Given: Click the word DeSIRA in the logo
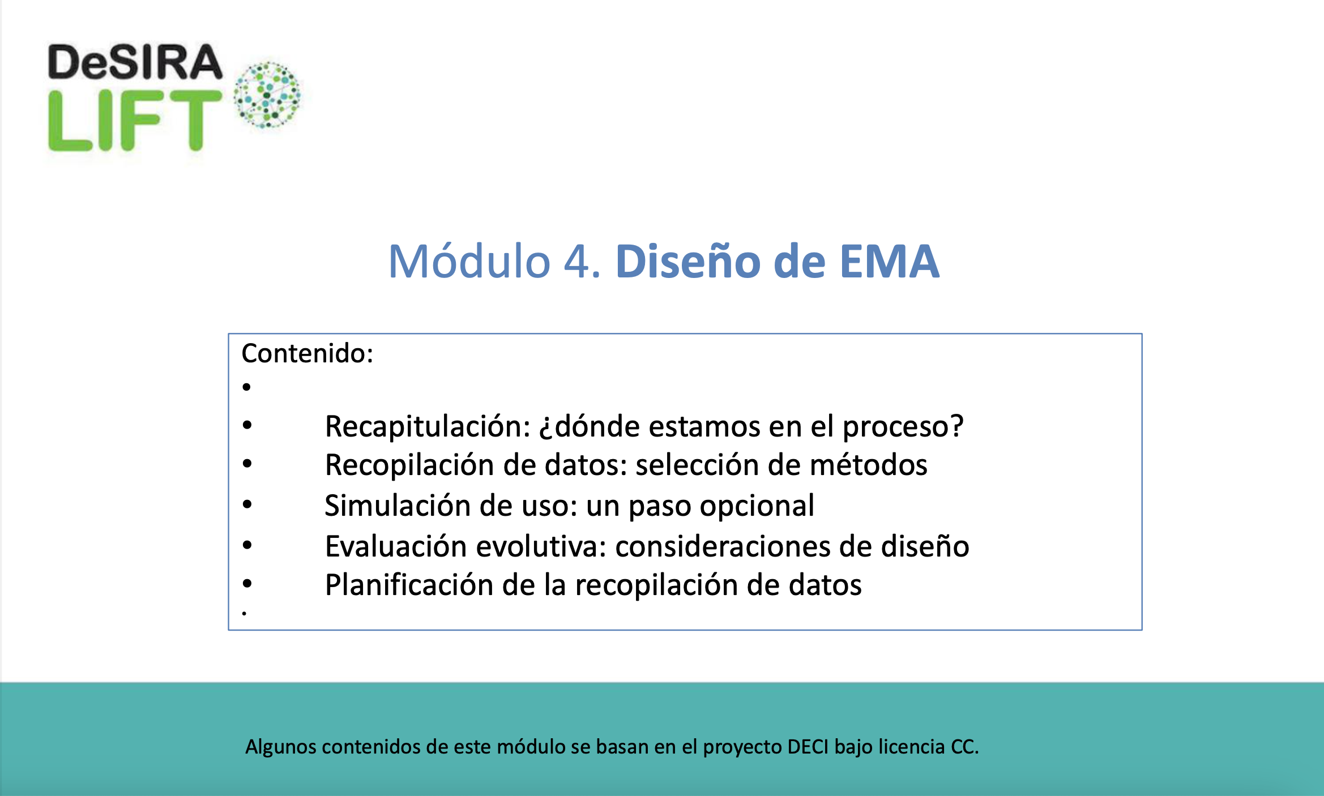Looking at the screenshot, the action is click(x=135, y=62).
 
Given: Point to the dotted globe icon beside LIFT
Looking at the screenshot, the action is click(x=267, y=95).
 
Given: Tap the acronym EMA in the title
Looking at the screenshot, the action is click(x=889, y=262).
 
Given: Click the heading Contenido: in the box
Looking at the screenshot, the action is click(x=307, y=353).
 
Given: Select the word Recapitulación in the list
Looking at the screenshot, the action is click(x=428, y=426).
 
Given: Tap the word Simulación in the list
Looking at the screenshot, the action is click(x=398, y=506).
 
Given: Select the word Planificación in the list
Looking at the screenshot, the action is click(x=409, y=585).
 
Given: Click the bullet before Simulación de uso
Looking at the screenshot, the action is click(x=247, y=504).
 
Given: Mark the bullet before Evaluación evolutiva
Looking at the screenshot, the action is click(x=247, y=545).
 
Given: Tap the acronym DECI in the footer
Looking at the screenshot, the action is click(x=808, y=747).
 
